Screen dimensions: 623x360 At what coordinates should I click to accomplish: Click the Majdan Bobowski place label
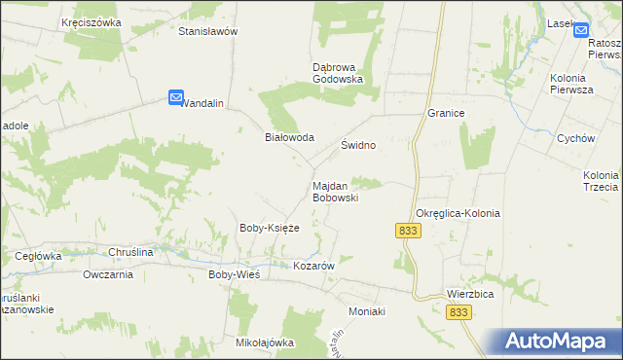[x=336, y=191]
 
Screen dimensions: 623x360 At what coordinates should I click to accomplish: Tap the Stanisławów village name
[x=208, y=31]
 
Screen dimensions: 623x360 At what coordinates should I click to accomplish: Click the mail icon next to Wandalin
[x=176, y=97]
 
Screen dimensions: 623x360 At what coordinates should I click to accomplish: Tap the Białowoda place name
[x=290, y=137]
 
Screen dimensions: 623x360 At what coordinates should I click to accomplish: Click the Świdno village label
[x=358, y=144]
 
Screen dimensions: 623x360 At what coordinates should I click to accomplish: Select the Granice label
[x=446, y=113]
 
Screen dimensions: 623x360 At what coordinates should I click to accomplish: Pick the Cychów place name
[x=575, y=138]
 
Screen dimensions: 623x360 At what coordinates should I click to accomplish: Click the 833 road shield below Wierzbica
[x=459, y=311]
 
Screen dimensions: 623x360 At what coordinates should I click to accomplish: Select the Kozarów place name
[x=314, y=266]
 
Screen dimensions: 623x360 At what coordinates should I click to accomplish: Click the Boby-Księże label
[x=269, y=228]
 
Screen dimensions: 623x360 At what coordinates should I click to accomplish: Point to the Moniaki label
[x=368, y=311]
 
